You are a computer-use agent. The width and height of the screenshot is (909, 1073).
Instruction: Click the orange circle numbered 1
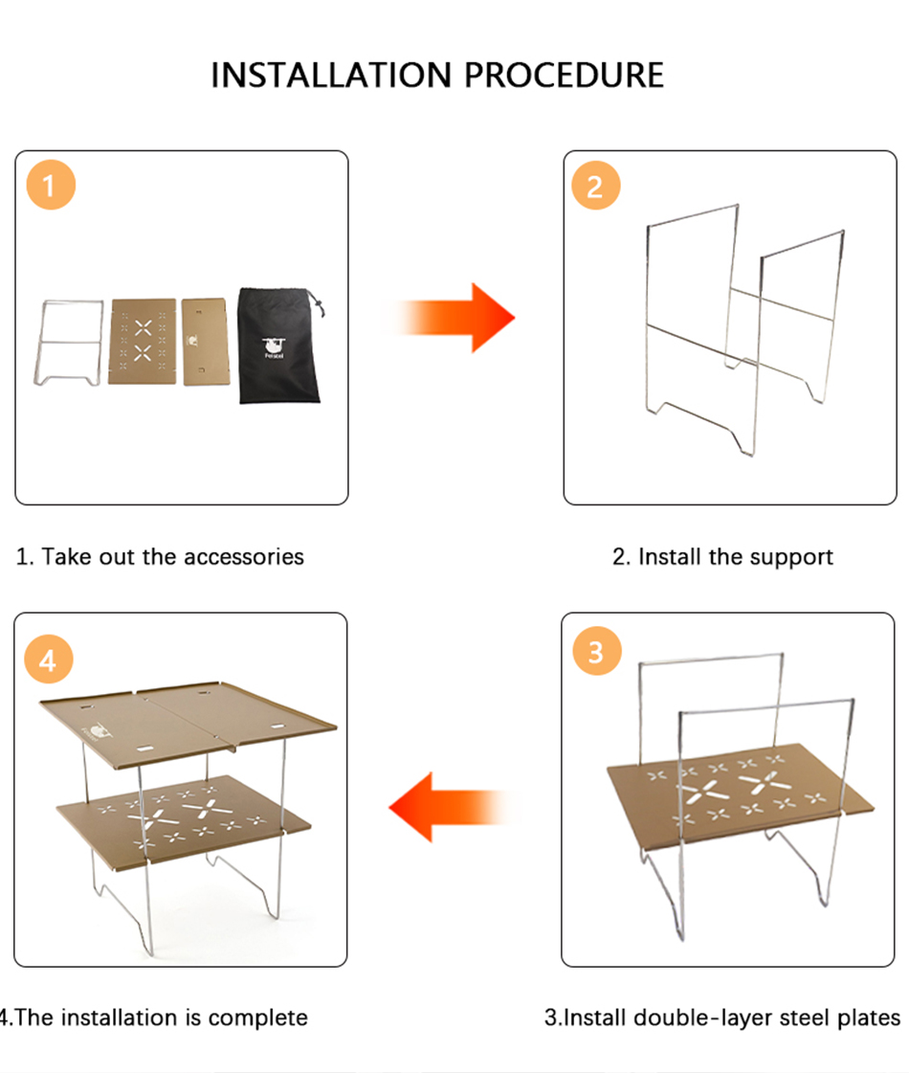[51, 185]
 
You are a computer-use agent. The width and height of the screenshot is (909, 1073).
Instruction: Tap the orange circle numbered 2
[596, 186]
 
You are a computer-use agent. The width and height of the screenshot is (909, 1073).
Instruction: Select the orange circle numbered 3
[596, 651]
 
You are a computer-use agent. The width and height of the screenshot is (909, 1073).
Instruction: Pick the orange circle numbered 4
[49, 659]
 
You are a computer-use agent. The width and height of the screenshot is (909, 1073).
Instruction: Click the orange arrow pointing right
[454, 318]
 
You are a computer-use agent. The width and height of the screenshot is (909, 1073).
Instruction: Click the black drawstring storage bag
[279, 346]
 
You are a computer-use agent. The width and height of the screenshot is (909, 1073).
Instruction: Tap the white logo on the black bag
[274, 347]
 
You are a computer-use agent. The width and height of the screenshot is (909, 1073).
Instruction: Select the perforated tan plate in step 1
[143, 341]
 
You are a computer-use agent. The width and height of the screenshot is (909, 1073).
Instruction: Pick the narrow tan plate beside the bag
[205, 341]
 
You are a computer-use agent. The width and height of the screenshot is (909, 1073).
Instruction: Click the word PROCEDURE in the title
[565, 76]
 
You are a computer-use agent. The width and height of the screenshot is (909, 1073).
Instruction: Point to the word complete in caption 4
[257, 1019]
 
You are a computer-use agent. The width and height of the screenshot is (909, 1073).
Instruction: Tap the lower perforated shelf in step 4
[185, 821]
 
